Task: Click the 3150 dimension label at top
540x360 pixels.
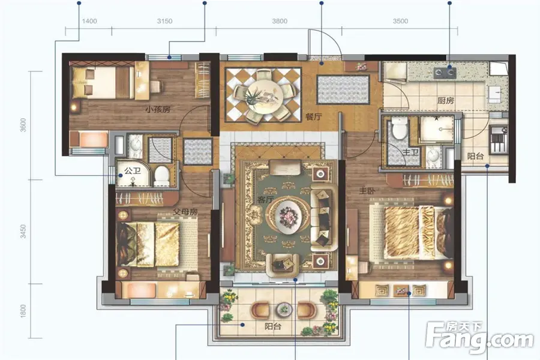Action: tap(164, 21)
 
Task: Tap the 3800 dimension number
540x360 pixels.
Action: tap(280, 21)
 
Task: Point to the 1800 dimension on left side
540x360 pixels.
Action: tap(23, 311)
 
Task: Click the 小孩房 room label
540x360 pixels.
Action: tap(158, 110)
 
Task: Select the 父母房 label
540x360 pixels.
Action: tap(185, 211)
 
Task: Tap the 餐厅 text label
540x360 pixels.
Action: tap(313, 117)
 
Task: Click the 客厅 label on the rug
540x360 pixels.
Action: tap(265, 199)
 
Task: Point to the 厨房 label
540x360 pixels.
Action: tap(446, 101)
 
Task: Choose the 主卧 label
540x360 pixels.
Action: tap(367, 190)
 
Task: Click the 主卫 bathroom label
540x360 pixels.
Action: tap(410, 152)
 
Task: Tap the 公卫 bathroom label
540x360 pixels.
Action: tap(133, 170)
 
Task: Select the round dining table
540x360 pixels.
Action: tap(263, 95)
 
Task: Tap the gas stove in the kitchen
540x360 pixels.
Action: tap(444, 73)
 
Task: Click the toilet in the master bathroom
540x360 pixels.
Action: tap(400, 127)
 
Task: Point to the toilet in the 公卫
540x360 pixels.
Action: tap(161, 176)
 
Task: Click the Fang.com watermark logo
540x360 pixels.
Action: tap(479, 337)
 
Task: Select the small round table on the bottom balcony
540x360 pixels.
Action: tap(283, 310)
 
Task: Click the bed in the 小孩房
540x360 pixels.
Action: tap(102, 83)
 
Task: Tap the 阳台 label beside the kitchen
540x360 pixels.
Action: tap(475, 156)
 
